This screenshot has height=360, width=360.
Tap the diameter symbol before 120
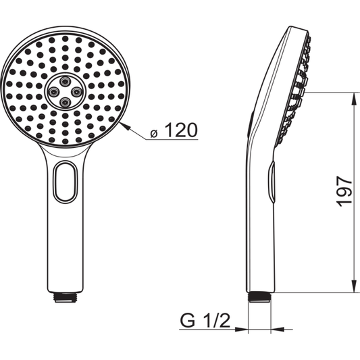tap(155, 132)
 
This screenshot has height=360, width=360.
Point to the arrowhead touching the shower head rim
tap(125, 124)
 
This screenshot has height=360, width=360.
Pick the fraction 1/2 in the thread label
tap(217, 320)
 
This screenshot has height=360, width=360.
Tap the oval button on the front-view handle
tap(66, 182)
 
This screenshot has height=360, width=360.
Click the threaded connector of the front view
tap(65, 297)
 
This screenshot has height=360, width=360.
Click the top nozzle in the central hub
tap(66, 78)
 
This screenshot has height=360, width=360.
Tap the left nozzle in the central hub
tap(54, 89)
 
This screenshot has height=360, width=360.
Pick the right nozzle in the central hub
tap(76, 89)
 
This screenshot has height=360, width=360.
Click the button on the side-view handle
tap(272, 181)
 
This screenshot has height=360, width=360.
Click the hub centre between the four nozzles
tap(66, 89)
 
